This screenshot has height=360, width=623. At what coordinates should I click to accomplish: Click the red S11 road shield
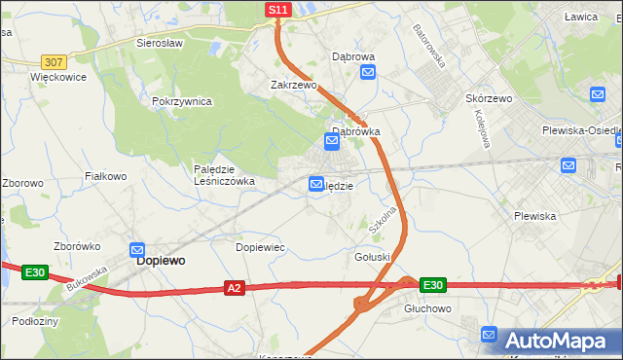coord(278,10)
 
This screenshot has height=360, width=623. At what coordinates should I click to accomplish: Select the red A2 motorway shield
coord(234,288)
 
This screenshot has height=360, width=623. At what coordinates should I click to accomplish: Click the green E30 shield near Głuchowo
coord(433,285)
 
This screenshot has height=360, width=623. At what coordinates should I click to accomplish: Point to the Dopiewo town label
coord(162,261)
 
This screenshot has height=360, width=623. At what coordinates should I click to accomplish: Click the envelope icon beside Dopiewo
coord(137,250)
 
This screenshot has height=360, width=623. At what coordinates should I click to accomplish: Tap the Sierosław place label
coord(160,44)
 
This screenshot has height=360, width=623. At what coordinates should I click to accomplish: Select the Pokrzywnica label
coord(182,101)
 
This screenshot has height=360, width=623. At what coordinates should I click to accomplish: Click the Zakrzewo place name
coord(294,85)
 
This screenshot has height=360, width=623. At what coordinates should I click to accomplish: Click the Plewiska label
coord(534,216)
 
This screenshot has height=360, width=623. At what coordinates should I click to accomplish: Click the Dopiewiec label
coord(260,247)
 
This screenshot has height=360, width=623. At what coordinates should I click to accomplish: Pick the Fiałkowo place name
coord(106,176)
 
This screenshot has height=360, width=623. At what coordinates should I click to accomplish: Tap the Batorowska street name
coord(428,45)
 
